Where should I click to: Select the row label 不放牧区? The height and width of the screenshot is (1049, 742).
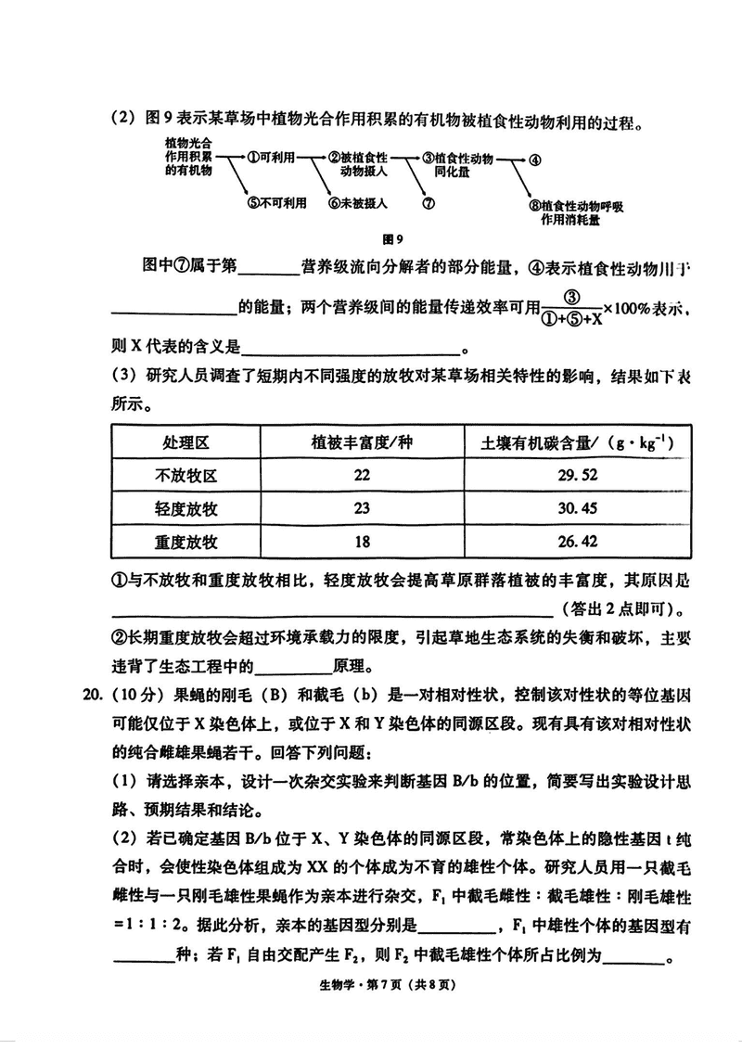(x=185, y=475)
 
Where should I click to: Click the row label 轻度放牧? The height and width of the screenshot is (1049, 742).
(x=185, y=508)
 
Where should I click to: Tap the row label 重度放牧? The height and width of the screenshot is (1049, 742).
(x=185, y=542)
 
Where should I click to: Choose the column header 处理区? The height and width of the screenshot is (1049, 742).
(x=185, y=441)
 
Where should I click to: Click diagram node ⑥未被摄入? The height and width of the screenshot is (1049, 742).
(x=357, y=203)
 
